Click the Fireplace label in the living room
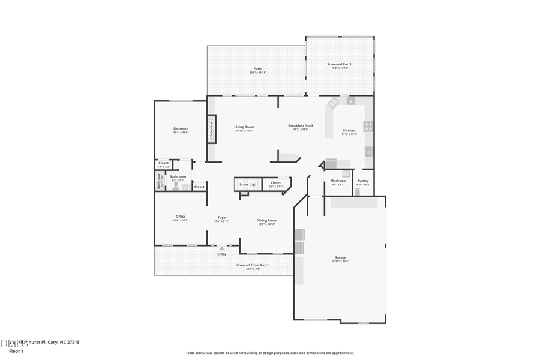[211, 129]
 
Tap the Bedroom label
[181, 128]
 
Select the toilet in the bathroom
[176, 185]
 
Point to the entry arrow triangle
[221, 248]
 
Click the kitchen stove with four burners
[368, 126]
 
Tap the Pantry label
[363, 181]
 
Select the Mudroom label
[338, 181]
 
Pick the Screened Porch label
[340, 64]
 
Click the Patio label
[257, 68]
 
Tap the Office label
[181, 217]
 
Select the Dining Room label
[267, 220]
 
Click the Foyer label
[222, 217]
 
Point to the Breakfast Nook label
[301, 125]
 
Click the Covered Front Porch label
[253, 265]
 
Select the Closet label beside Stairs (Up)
[275, 182]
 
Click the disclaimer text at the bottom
[269, 353]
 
